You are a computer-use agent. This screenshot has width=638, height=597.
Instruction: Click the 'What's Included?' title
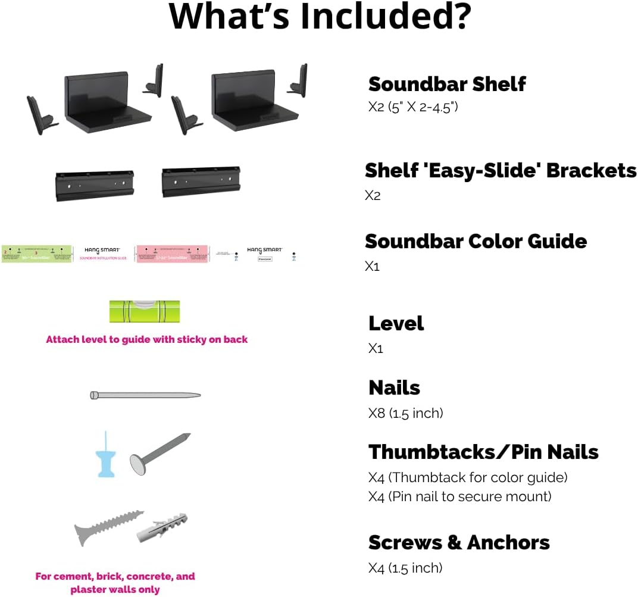click(320, 17)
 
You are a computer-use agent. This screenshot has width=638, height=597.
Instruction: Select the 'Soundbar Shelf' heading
click(447, 84)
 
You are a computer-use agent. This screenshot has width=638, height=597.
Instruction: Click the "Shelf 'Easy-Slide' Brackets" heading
click(501, 171)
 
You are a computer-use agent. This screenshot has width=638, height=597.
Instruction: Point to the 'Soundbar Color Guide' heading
click(476, 241)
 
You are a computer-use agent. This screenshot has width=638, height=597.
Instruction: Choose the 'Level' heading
click(396, 323)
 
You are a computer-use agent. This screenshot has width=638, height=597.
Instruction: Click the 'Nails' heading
click(394, 387)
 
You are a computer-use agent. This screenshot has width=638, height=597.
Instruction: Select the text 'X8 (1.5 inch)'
click(405, 413)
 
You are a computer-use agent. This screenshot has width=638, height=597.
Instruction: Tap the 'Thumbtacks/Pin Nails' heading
click(483, 452)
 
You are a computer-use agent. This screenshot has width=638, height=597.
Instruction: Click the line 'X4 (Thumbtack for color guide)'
click(468, 477)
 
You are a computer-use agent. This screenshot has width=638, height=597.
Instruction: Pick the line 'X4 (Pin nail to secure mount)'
click(459, 496)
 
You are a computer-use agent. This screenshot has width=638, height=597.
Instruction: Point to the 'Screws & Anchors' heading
click(459, 542)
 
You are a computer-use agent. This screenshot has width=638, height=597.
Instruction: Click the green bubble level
click(145, 311)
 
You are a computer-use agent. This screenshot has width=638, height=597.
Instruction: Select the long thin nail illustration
click(145, 395)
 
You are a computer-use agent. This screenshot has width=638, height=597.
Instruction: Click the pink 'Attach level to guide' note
click(146, 340)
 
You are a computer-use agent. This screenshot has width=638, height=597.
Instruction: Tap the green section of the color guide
click(37, 254)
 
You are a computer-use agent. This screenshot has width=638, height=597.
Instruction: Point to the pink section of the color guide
click(171, 254)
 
